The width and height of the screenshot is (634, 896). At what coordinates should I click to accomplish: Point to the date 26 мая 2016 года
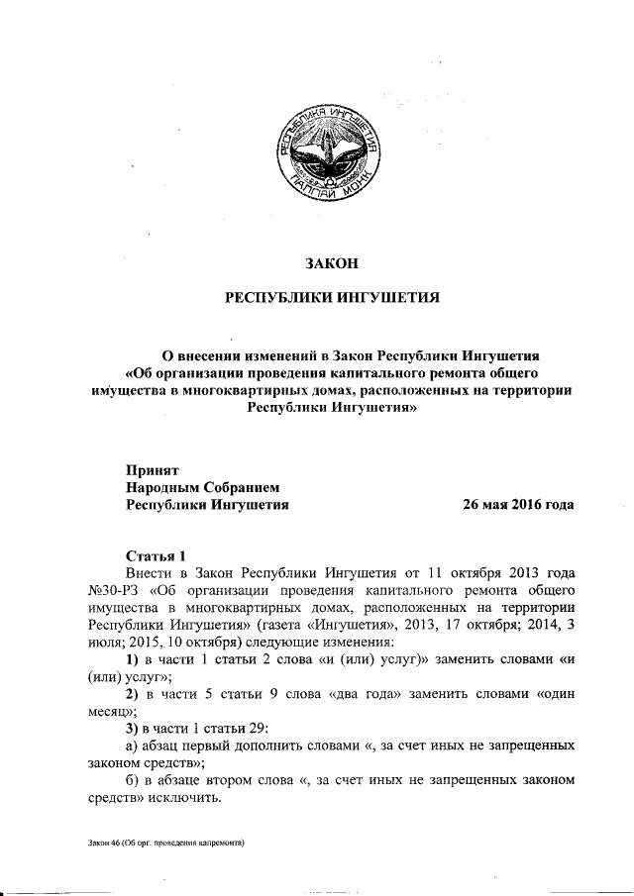click(518, 504)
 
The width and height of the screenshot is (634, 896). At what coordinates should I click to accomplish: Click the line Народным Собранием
click(204, 487)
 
